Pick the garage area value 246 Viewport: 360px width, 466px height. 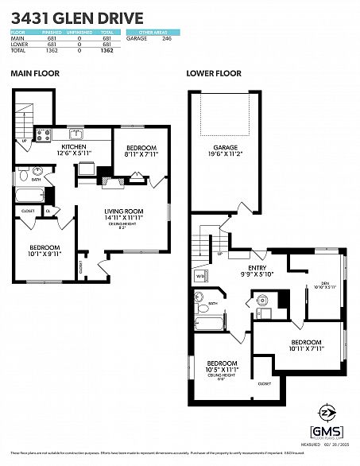pyautogui.click(x=166, y=38)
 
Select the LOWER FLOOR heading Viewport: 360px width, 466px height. pyautogui.click(x=213, y=73)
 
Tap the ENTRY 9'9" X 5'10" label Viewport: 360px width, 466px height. pyautogui.click(x=256, y=272)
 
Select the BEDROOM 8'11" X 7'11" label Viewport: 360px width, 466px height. pyautogui.click(x=141, y=151)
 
